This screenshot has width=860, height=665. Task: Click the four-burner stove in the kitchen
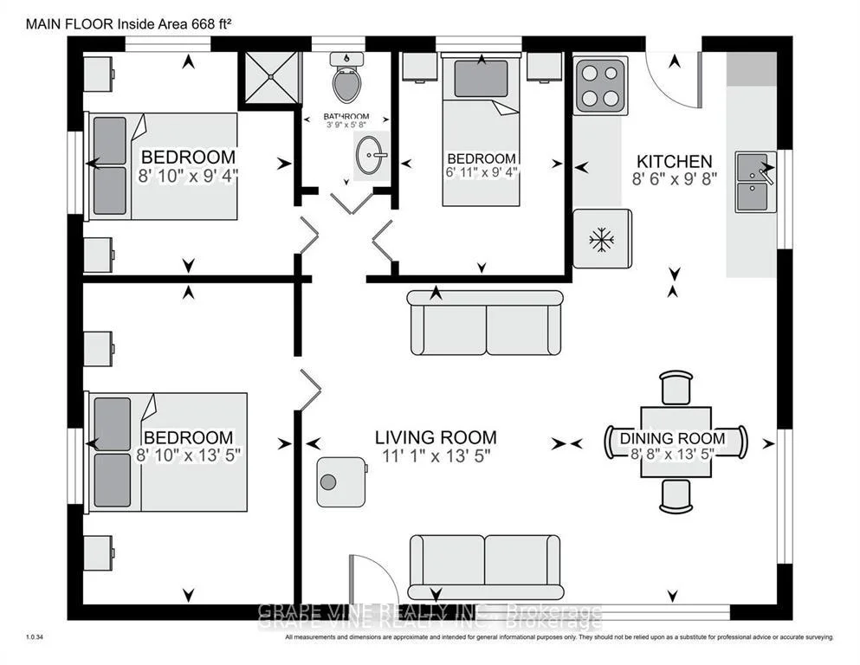click(600, 86)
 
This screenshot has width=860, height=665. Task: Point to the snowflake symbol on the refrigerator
click(602, 240)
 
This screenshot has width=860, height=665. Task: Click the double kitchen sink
click(756, 182)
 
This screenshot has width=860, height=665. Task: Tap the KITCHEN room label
click(674, 162)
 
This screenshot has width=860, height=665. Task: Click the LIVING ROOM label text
click(436, 437)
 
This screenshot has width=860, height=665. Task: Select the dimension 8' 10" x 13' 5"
click(188, 455)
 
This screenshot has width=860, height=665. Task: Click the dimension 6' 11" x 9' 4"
click(481, 171)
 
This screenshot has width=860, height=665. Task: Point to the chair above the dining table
click(676, 388)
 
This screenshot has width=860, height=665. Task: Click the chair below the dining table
click(676, 495)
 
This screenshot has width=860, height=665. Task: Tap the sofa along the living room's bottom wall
click(486, 567)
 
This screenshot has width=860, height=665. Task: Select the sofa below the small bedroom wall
click(485, 322)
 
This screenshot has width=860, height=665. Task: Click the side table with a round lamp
click(341, 482)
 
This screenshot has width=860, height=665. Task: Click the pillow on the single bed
click(481, 79)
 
